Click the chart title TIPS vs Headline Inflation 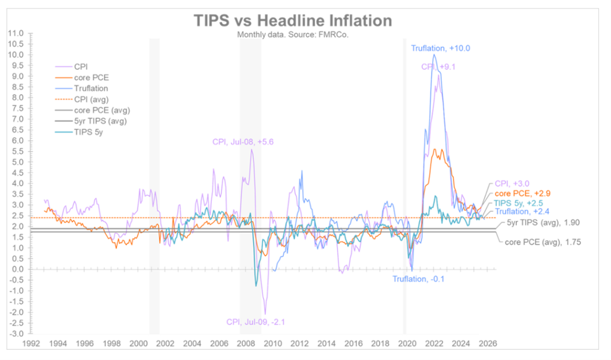(x=293, y=21)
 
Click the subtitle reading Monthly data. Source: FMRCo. (x=293, y=34)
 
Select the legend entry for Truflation (x=92, y=89)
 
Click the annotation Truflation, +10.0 (x=440, y=48)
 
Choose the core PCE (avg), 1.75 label (x=538, y=243)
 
